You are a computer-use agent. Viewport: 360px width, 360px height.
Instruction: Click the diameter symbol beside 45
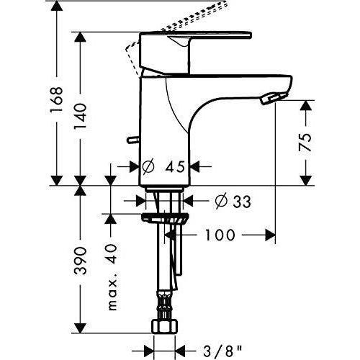pyautogui.click(x=148, y=166)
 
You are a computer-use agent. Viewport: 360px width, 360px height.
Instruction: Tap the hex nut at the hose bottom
pyautogui.click(x=165, y=328)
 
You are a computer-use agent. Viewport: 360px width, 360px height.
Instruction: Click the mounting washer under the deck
pyautogui.click(x=165, y=219)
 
